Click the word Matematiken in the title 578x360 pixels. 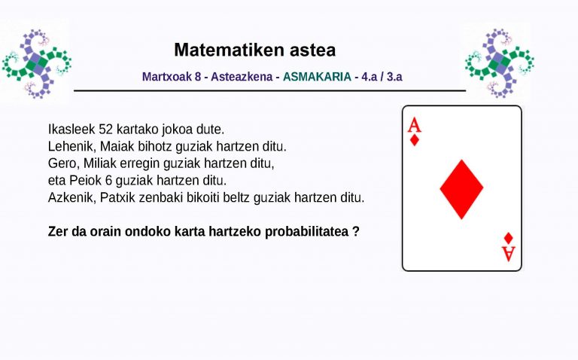(219, 50)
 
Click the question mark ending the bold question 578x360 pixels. (355, 231)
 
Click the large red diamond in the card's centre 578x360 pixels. (461, 188)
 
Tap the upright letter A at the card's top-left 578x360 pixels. (415, 125)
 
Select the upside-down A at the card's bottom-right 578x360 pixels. (509, 253)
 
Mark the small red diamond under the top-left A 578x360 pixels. (415, 140)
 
